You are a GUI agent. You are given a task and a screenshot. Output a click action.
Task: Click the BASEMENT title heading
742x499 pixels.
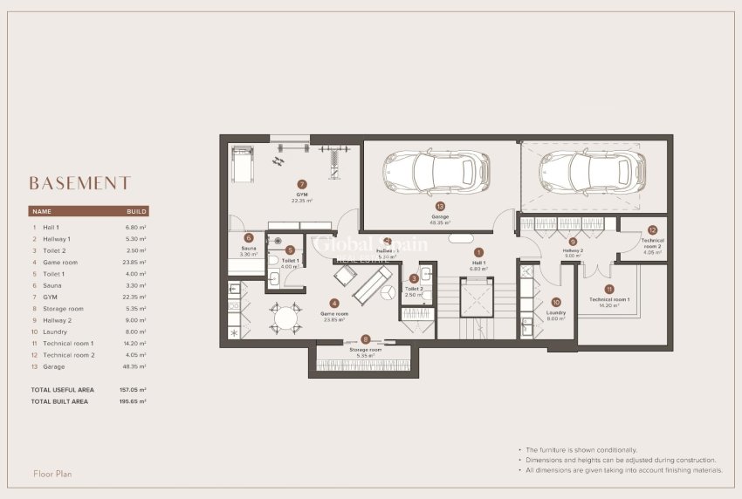click(x=79, y=183)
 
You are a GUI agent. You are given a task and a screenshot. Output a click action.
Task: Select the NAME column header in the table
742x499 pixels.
click(x=42, y=211)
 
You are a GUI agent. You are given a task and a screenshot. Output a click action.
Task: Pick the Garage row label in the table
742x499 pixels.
click(x=54, y=366)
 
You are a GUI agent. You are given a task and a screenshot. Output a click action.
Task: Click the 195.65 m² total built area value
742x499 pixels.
click(x=133, y=400)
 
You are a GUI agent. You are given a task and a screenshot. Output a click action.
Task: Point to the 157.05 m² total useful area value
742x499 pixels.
click(x=133, y=389)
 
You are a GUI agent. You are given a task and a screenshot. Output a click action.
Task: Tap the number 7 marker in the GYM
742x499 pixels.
click(x=302, y=185)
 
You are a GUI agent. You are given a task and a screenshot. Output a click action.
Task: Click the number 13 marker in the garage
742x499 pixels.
click(x=439, y=206)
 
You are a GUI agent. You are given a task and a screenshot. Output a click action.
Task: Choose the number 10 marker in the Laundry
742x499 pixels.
click(x=652, y=230)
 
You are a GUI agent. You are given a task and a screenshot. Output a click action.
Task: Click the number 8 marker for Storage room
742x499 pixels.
click(x=366, y=339)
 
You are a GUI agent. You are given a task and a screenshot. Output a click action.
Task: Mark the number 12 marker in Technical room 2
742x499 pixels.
click(x=652, y=230)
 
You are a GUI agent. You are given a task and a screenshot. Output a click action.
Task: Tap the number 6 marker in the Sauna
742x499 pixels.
click(x=249, y=237)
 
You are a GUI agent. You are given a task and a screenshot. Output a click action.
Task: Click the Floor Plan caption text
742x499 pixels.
click(x=52, y=474)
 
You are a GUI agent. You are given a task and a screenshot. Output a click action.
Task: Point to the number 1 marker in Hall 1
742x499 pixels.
click(x=478, y=252)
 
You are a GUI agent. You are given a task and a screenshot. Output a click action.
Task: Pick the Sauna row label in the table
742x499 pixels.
click(x=52, y=285)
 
